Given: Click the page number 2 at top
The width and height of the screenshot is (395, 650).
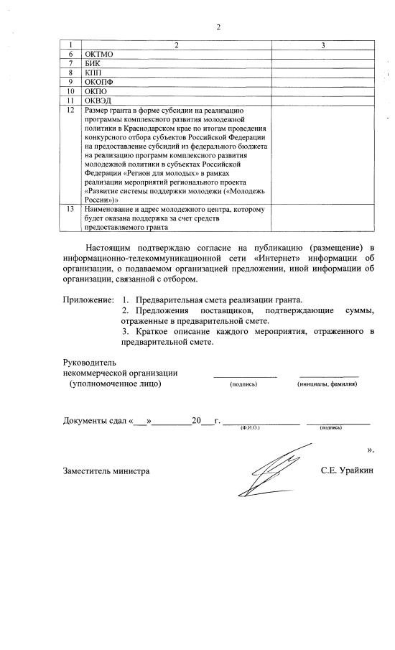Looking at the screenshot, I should coord(218,28).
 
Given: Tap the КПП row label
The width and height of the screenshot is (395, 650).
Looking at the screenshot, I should coord(93,73).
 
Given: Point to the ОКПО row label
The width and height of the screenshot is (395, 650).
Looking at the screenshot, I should coord(96,91).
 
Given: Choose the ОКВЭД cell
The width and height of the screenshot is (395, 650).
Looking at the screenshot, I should coord(98,101).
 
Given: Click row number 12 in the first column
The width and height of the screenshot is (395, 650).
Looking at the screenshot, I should coord(70,110).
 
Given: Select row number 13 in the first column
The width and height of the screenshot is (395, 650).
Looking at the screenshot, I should coord(70,209).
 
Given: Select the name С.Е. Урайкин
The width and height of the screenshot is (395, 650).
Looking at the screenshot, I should coord(348,471).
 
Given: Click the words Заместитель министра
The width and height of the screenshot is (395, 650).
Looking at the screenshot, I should coord(106,471).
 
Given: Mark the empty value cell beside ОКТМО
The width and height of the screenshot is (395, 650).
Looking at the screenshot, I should coord(322,54).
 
